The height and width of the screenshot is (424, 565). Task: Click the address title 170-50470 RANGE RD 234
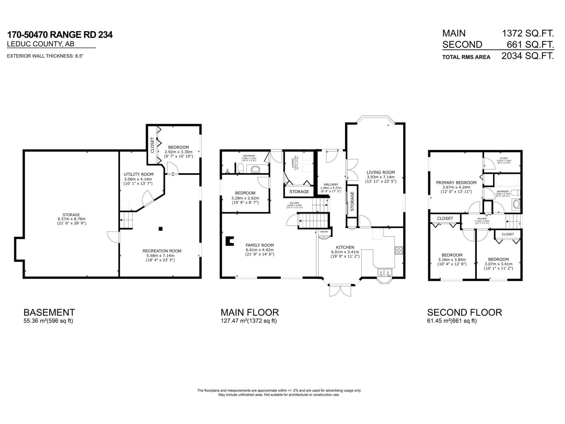pos(60,35)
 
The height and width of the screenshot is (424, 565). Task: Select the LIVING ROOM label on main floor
pos(380,172)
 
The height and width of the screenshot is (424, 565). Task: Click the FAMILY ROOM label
pos(260,245)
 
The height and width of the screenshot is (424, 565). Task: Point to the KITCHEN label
pos(345,247)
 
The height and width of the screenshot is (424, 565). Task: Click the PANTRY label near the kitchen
pos(324,232)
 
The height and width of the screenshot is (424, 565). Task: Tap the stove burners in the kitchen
pos(399,251)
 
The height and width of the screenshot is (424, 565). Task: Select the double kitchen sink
pos(385,273)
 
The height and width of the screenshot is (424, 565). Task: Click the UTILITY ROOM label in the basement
pos(138,174)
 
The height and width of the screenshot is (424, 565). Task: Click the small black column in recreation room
pos(161,229)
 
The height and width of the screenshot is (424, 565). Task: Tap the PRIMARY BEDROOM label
pos(456,183)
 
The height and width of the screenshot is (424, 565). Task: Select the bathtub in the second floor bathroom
pos(507,181)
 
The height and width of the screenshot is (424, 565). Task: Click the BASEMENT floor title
pos(49,312)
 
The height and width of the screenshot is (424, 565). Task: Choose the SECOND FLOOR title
pos(464,312)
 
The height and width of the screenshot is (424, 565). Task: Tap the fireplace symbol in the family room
pos(230,241)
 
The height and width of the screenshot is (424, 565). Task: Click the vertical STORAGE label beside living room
pos(352,201)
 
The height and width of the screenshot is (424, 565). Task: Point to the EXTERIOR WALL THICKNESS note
pos(46,56)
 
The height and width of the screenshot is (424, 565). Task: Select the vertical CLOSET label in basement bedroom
pos(153,145)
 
